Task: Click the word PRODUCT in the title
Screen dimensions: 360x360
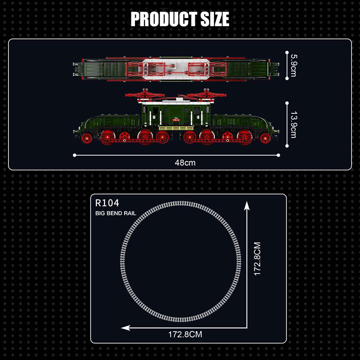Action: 164,19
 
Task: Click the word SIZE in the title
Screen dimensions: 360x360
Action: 215,19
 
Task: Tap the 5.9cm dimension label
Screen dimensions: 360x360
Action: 293,65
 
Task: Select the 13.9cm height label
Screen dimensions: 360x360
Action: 293,125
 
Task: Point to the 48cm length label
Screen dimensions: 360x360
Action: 185,163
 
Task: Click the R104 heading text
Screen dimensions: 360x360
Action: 107,203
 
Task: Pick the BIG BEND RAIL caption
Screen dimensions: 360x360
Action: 116,213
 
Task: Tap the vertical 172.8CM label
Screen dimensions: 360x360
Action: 257,258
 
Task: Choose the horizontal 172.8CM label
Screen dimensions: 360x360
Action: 185,334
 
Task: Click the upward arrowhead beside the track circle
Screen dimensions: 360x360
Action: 247,206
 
